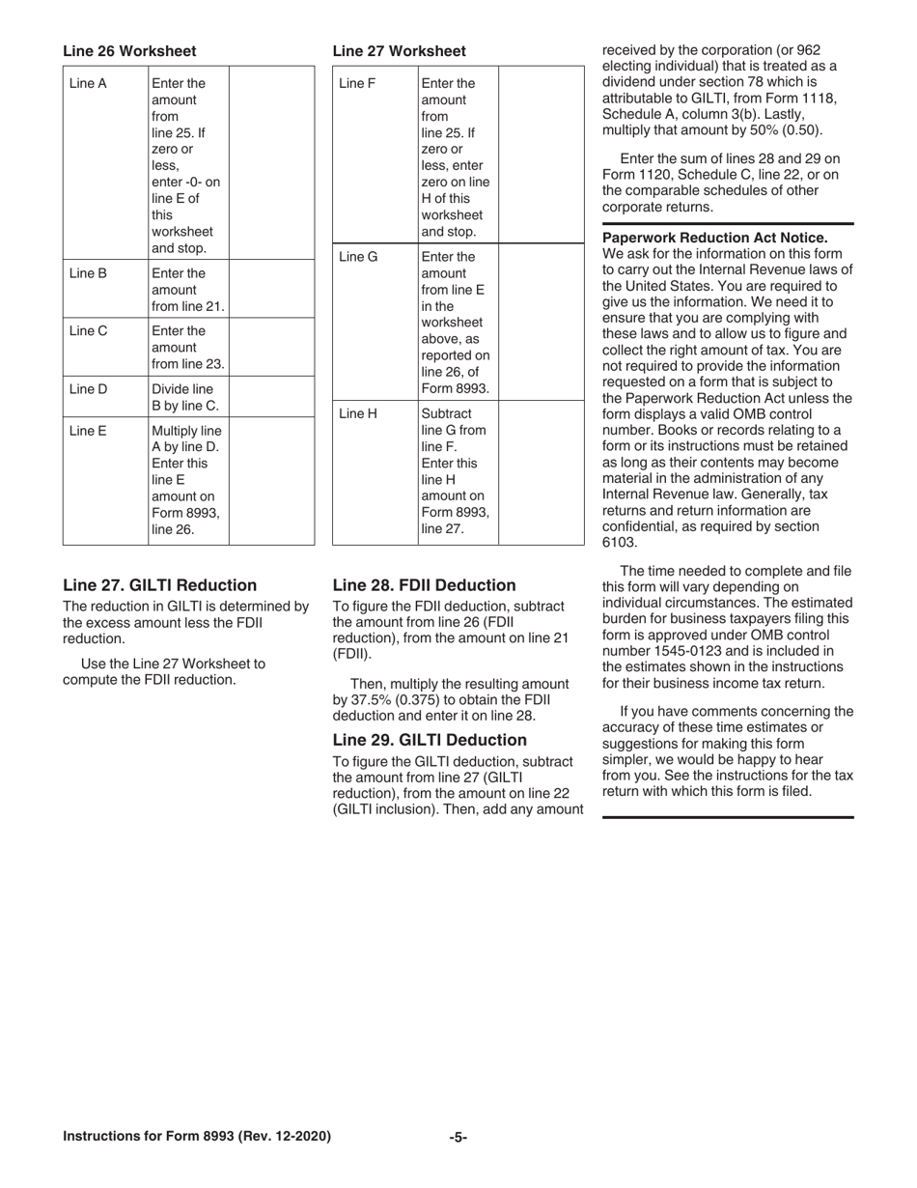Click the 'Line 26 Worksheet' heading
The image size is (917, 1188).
tap(129, 51)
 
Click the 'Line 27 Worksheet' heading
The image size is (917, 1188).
tap(399, 51)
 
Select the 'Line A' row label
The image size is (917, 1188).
tap(88, 83)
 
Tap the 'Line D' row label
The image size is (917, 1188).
tap(88, 389)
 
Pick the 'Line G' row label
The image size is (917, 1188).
tap(358, 257)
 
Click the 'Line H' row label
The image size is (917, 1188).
tap(358, 413)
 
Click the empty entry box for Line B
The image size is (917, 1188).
tap(271, 290)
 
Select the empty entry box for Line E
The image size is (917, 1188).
tap(271, 481)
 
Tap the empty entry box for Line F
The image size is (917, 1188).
tap(541, 155)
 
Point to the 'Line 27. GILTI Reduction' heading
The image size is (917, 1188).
tap(160, 585)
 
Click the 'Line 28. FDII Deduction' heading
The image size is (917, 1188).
tap(424, 585)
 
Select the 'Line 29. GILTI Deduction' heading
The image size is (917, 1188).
tap(430, 740)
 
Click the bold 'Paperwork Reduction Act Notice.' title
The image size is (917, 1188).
tap(714, 238)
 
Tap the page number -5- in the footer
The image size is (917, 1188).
tap(458, 1137)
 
